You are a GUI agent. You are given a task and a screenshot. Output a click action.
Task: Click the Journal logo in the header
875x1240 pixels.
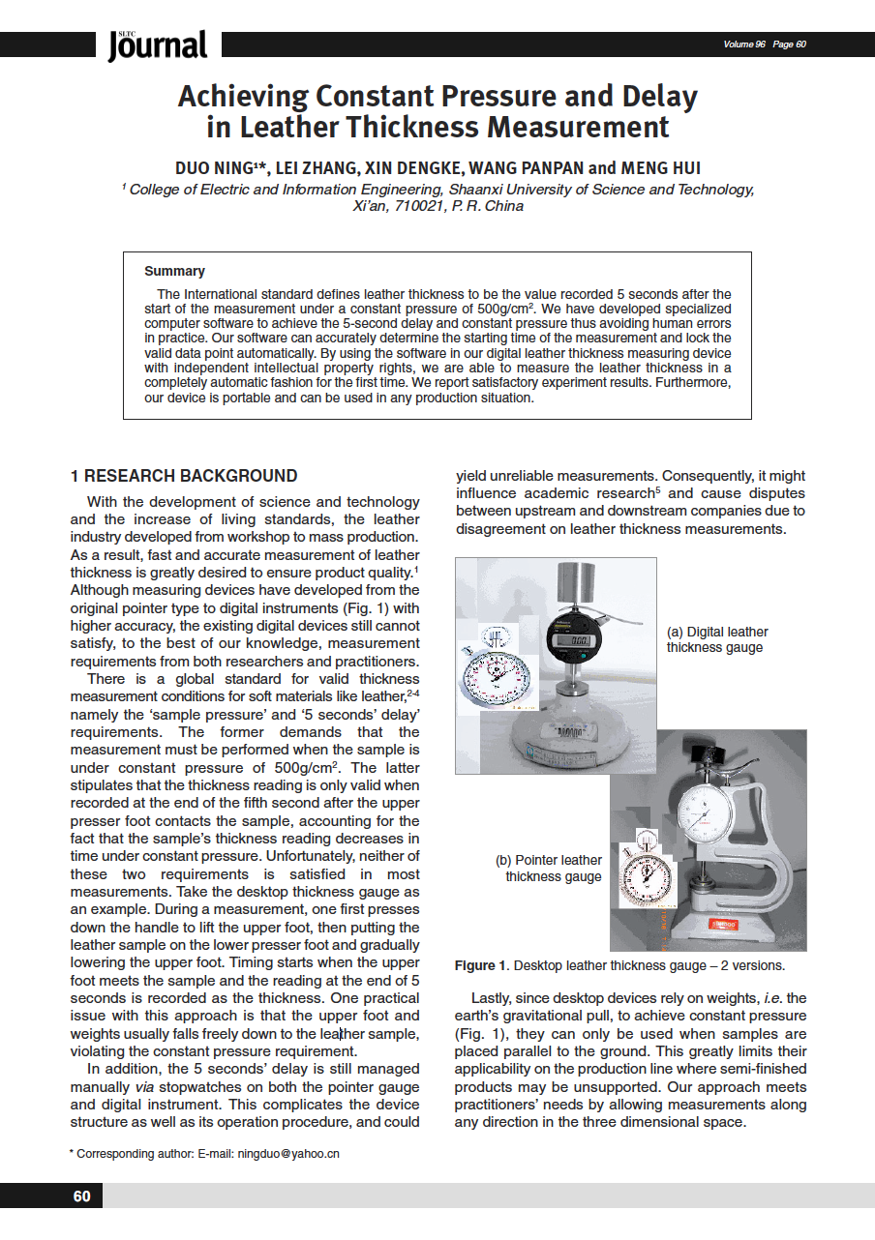point(158,44)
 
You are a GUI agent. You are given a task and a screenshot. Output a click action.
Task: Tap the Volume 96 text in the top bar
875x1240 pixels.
point(744,44)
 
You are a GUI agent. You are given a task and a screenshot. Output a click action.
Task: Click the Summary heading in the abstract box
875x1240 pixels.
point(174,271)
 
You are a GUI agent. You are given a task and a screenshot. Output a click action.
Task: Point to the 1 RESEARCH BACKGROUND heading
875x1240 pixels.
point(184,476)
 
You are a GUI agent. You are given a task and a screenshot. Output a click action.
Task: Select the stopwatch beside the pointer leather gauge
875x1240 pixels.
point(643,875)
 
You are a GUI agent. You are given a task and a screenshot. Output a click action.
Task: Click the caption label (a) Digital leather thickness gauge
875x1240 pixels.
point(717,639)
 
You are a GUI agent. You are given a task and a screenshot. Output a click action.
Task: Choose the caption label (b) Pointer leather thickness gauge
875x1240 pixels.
point(549,868)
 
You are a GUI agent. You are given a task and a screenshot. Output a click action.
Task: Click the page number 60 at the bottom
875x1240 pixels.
point(82,1196)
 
